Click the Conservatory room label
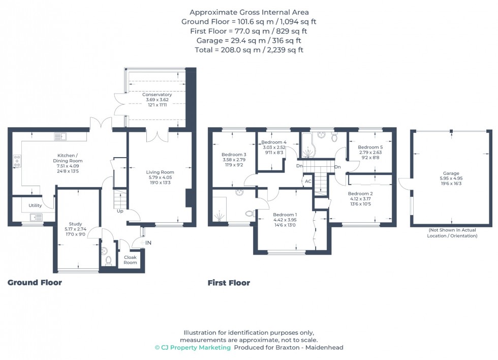pyautogui.click(x=157, y=95)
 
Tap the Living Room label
pyautogui.click(x=160, y=172)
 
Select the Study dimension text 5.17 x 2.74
pyautogui.click(x=75, y=229)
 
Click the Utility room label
pyautogui.click(x=35, y=205)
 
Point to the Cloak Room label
pyautogui.click(x=130, y=260)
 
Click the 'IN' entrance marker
pyautogui.click(x=148, y=243)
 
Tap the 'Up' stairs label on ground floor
pyautogui.click(x=120, y=211)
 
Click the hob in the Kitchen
pyautogui.click(x=17, y=161)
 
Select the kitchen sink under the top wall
pyautogui.click(x=60, y=136)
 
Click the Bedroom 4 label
pyautogui.click(x=274, y=142)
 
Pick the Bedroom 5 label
pyautogui.click(x=370, y=147)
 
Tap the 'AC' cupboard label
pyautogui.click(x=308, y=182)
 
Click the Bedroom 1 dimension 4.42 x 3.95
pyautogui.click(x=285, y=220)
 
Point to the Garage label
pyautogui.click(x=451, y=173)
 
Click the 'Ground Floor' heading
pyautogui.click(x=35, y=283)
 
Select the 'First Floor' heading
pyautogui.click(x=229, y=283)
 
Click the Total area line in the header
pyautogui.click(x=249, y=50)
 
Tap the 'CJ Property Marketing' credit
pyautogui.click(x=193, y=348)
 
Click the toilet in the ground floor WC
pyautogui.click(x=108, y=260)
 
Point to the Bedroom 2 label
pyautogui.click(x=360, y=194)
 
